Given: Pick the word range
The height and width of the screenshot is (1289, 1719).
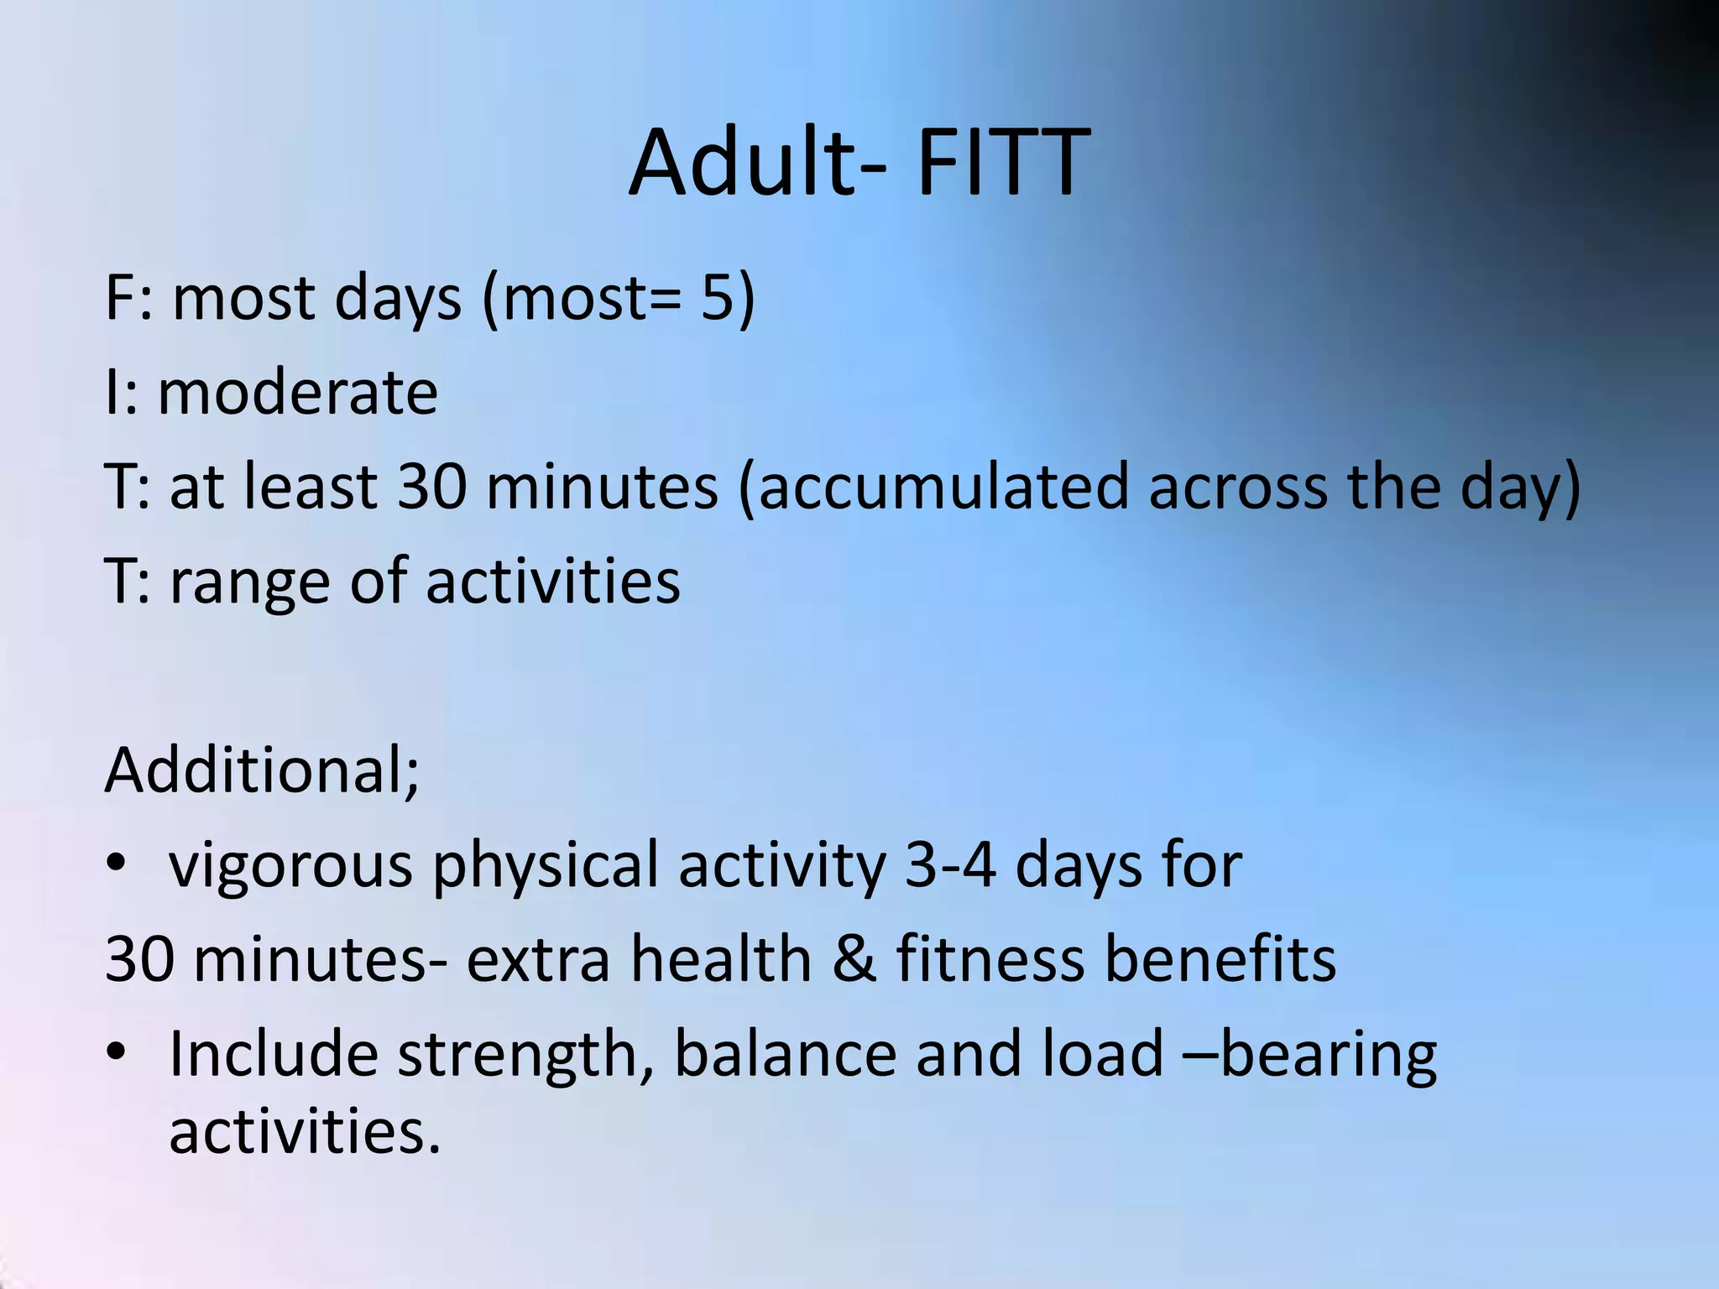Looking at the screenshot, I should click(x=249, y=583).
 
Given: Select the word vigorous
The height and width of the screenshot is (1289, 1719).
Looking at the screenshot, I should click(x=290, y=867).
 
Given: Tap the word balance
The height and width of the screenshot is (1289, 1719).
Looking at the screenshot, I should click(x=785, y=1054).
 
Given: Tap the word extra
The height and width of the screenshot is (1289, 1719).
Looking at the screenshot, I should click(x=538, y=960).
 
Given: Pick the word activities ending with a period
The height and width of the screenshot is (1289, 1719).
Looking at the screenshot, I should click(x=304, y=1130).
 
